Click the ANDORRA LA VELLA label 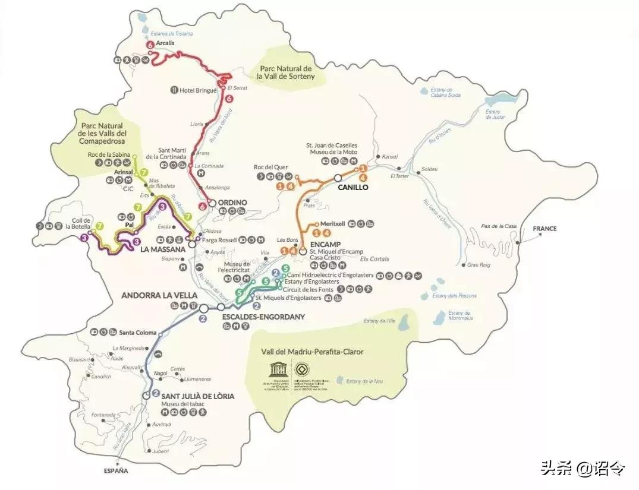pos(159,296)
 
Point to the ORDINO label pos(232,203)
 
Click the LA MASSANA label pos(163,250)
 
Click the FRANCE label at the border pos(544,229)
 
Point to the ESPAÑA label pos(115,471)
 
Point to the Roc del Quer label pos(270,167)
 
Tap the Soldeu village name pos(429,169)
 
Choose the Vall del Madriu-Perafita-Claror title pos(312,352)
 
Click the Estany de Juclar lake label pos(494,114)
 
